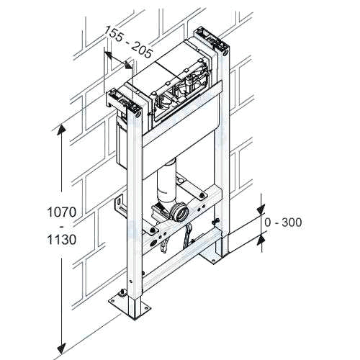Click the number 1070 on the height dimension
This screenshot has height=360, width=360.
coord(62,212)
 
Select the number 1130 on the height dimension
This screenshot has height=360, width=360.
coord(62,239)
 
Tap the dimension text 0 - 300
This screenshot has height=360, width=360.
coord(283,222)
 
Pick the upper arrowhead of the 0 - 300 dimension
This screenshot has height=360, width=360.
coord(261,209)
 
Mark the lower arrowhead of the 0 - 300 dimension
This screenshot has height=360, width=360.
coord(261,240)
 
